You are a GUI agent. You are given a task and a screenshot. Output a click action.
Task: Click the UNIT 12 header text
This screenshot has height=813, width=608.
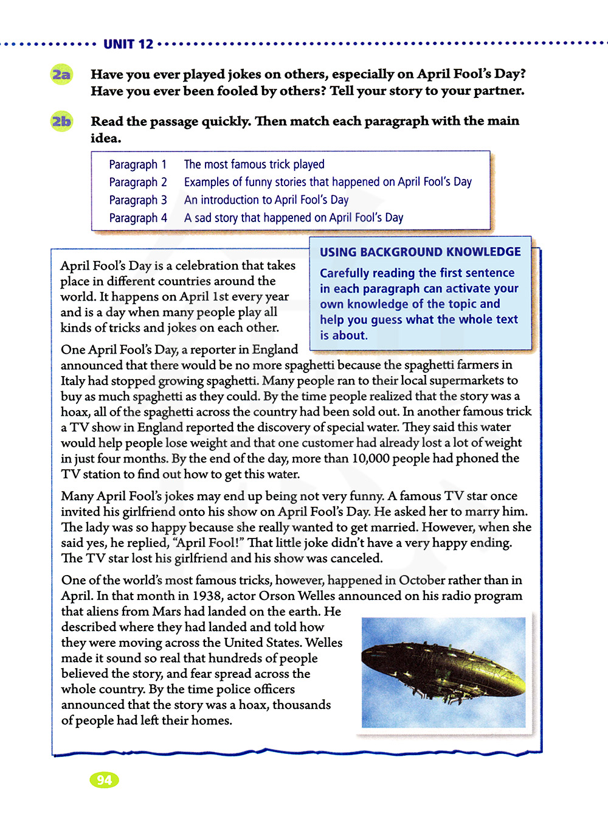128,44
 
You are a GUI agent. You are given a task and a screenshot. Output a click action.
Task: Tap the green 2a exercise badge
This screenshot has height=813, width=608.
61,75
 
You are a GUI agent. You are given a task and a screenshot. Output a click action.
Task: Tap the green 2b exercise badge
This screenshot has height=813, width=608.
61,122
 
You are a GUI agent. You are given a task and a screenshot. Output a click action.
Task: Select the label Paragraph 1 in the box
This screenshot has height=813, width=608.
137,164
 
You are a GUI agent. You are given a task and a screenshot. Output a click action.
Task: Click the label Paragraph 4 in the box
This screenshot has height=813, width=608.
138,218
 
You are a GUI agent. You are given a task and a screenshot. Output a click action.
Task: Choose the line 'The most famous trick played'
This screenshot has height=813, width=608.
254,164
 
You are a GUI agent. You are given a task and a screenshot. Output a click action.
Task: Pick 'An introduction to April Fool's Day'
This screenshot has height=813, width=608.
266,200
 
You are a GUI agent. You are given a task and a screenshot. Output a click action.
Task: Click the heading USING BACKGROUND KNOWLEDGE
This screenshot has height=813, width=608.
420,252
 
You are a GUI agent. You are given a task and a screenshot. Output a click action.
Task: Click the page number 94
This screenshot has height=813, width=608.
104,780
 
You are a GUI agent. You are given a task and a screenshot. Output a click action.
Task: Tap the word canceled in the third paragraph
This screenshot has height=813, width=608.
354,558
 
